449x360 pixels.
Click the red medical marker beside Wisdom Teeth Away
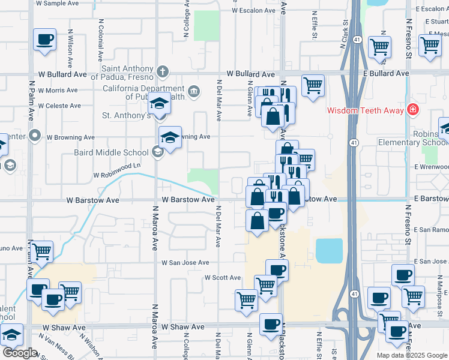tap(412, 110)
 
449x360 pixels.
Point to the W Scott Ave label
tap(223, 278)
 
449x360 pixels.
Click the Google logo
tap(20, 353)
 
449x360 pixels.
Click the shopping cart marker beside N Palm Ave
tap(41, 251)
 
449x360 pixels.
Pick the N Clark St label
tap(346, 35)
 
